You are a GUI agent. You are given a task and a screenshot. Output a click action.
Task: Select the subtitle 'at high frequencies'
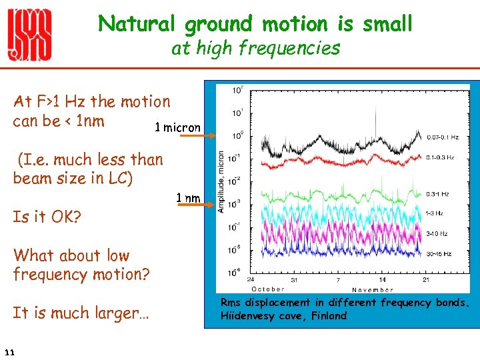point(255,48)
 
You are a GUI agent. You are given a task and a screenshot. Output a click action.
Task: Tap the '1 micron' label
point(177,127)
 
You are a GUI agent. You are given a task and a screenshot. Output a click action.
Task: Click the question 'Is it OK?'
point(46,217)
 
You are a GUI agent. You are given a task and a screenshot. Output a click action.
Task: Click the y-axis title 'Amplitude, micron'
point(221,181)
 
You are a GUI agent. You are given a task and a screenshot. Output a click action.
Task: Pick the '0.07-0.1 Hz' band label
point(443,137)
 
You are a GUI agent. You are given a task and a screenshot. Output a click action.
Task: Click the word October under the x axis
point(267,289)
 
